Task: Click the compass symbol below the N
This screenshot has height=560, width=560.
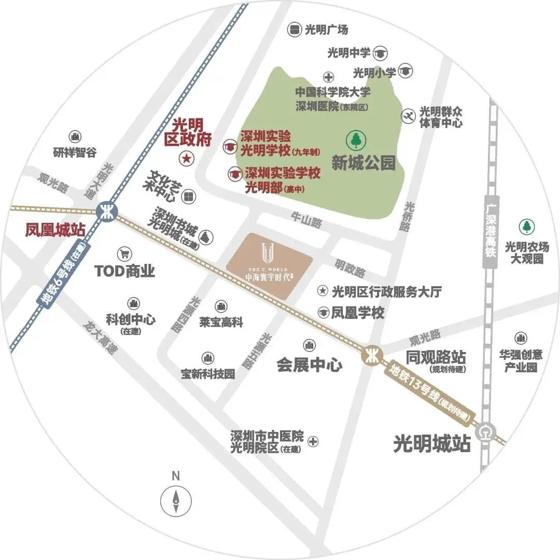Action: click(176, 499)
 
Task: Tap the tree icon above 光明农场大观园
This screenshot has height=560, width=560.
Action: click(527, 226)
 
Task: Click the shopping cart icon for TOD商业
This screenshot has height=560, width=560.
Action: click(124, 254)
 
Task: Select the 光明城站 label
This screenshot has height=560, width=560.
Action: click(431, 444)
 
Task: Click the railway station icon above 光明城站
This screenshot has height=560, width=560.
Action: click(487, 431)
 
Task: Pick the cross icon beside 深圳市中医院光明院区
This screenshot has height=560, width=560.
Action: click(313, 442)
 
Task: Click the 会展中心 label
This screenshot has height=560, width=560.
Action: click(309, 365)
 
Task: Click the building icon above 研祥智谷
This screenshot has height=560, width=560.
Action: click(75, 137)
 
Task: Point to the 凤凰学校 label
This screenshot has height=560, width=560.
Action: click(358, 313)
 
